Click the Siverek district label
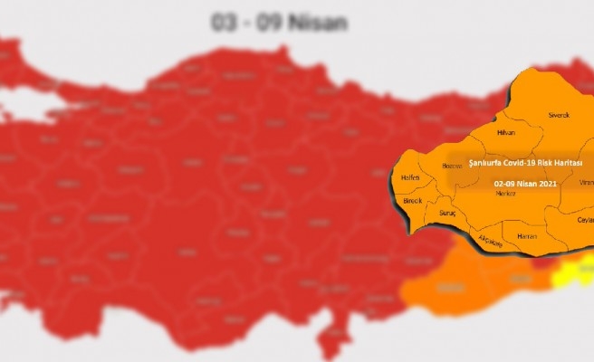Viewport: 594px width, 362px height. click(559, 115)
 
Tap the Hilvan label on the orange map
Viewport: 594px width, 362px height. click(506, 132)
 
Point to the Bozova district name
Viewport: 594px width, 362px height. click(451, 166)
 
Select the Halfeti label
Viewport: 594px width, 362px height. click(410, 177)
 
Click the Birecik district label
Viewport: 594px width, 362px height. click(413, 200)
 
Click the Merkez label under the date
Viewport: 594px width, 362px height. click(506, 193)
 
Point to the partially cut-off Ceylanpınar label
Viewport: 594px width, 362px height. click(585, 220)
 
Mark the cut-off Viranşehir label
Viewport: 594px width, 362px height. click(586, 182)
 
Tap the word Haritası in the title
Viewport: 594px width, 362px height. click(570, 162)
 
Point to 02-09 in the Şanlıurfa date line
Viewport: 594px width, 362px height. click(505, 181)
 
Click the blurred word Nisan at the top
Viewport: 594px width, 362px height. click(317, 23)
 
